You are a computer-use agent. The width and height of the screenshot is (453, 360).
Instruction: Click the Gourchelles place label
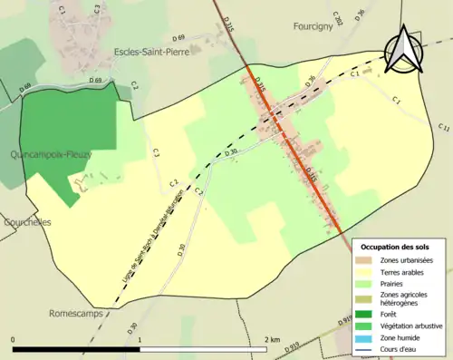[x=26, y=221]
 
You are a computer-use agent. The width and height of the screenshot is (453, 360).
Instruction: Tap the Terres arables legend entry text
[x=404, y=271]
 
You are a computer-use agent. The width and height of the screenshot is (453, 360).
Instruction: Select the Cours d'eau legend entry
[x=400, y=350]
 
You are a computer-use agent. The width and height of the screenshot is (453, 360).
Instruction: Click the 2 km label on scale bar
[x=271, y=340]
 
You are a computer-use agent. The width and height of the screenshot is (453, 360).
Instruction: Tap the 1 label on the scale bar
[x=140, y=340]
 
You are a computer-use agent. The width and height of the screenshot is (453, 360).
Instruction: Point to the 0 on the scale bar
[x=14, y=340]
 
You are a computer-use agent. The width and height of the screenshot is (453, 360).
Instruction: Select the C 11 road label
[x=444, y=128]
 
